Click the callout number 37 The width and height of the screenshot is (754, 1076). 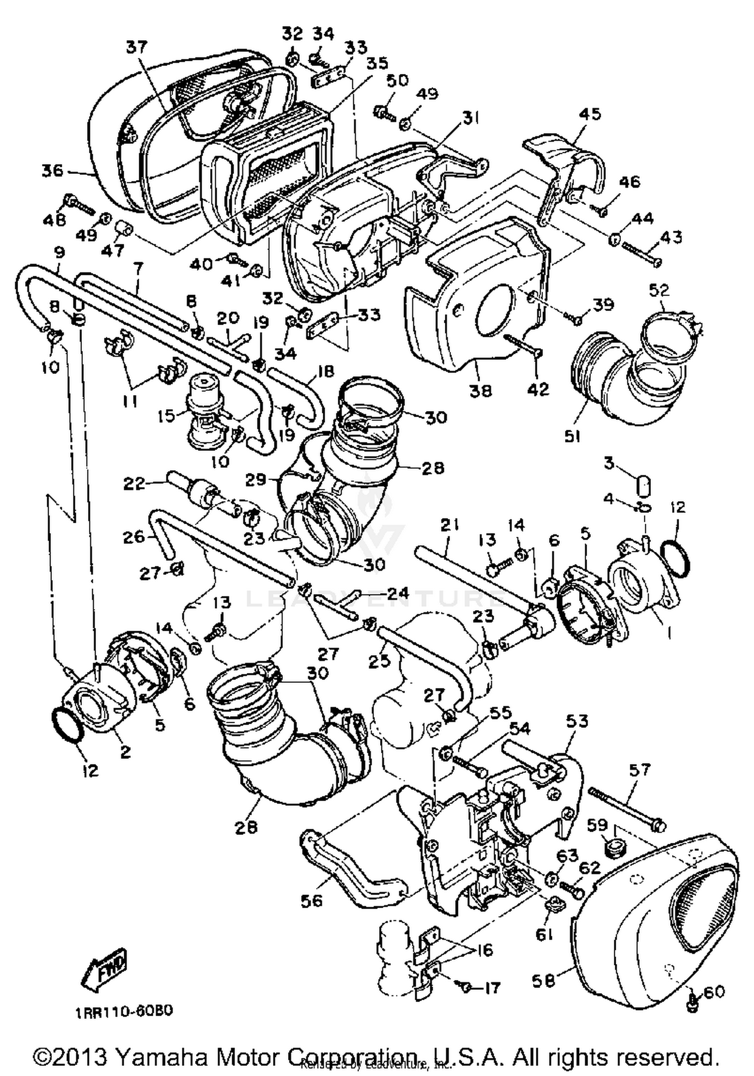137,47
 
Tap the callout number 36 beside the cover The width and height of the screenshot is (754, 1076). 52,171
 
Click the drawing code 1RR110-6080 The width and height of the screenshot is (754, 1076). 124,1011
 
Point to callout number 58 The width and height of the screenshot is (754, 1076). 543,981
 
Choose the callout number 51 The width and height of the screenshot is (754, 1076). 572,436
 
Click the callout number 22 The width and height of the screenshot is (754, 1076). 134,483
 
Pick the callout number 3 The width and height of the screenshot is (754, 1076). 609,462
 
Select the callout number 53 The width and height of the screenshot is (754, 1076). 577,721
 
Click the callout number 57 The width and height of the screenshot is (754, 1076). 639,769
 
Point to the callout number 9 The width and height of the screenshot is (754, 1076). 59,252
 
